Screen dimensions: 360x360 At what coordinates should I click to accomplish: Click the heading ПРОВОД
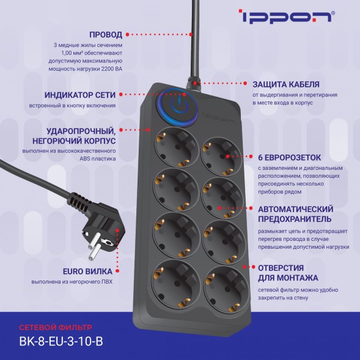pos(106,34)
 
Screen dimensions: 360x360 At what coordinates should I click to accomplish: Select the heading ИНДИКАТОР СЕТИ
pos(81,95)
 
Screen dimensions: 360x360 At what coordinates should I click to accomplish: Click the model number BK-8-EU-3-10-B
pos(61,342)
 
